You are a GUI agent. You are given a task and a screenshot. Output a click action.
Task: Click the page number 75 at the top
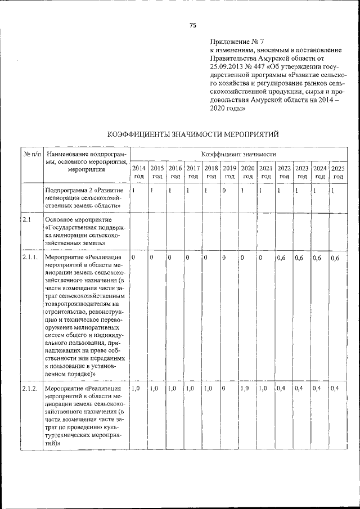pyautogui.click(x=193, y=25)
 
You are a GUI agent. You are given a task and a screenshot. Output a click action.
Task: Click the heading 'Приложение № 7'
pyautogui.click(x=232, y=42)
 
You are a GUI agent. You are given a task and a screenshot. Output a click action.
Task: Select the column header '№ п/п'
pyautogui.click(x=31, y=154)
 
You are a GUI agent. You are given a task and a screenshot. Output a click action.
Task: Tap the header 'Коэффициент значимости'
pyautogui.click(x=238, y=154)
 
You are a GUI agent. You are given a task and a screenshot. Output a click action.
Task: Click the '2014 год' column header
pyautogui.click(x=138, y=172)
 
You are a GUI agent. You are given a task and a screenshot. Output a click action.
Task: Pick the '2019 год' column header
pyautogui.click(x=229, y=172)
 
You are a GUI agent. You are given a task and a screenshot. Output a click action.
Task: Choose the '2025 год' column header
pyautogui.click(x=337, y=172)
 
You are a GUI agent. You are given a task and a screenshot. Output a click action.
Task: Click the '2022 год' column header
pyautogui.click(x=283, y=172)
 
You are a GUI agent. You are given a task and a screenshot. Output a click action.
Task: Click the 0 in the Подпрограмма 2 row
pyautogui.click(x=224, y=191)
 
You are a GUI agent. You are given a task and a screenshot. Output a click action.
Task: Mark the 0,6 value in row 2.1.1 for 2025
pyautogui.click(x=335, y=258)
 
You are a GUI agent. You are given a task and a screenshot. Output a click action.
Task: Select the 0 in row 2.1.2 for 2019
pyautogui.click(x=224, y=389)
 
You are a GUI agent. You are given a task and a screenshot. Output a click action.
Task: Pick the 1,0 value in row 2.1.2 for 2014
pyautogui.click(x=136, y=389)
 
